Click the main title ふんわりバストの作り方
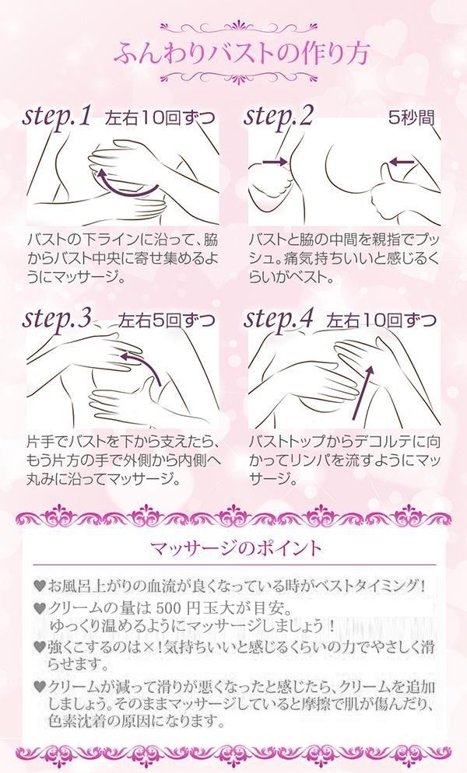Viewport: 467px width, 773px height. click(x=241, y=53)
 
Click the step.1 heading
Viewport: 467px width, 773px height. click(x=57, y=117)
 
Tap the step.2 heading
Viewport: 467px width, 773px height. click(x=278, y=117)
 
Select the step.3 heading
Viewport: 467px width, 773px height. click(x=58, y=320)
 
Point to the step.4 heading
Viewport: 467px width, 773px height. click(x=279, y=320)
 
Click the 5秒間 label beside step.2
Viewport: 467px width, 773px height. click(x=412, y=118)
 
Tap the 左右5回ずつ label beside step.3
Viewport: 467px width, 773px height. click(x=167, y=321)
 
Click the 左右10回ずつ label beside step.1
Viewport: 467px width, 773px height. click(x=160, y=118)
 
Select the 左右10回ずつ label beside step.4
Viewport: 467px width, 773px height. click(x=381, y=321)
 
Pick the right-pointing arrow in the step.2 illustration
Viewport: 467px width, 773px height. click(x=275, y=161)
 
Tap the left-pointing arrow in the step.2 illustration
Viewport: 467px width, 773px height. click(x=402, y=161)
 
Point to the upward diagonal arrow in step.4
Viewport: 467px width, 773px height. click(x=363, y=392)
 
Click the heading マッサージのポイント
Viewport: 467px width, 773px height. click(x=236, y=547)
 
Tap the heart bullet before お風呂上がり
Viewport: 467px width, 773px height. click(x=40, y=586)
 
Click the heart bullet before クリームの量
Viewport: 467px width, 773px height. click(x=40, y=608)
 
